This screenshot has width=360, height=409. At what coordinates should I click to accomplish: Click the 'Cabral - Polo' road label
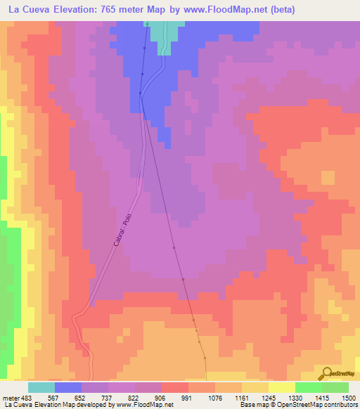(x=122, y=231)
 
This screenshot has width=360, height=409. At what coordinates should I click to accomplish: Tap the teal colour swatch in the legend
(x=41, y=387)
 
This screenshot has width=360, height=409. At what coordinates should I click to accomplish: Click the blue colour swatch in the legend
(x=68, y=387)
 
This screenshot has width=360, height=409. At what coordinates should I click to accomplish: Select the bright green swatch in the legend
(x=308, y=387)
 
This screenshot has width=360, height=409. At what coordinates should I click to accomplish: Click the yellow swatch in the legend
(x=281, y=387)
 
